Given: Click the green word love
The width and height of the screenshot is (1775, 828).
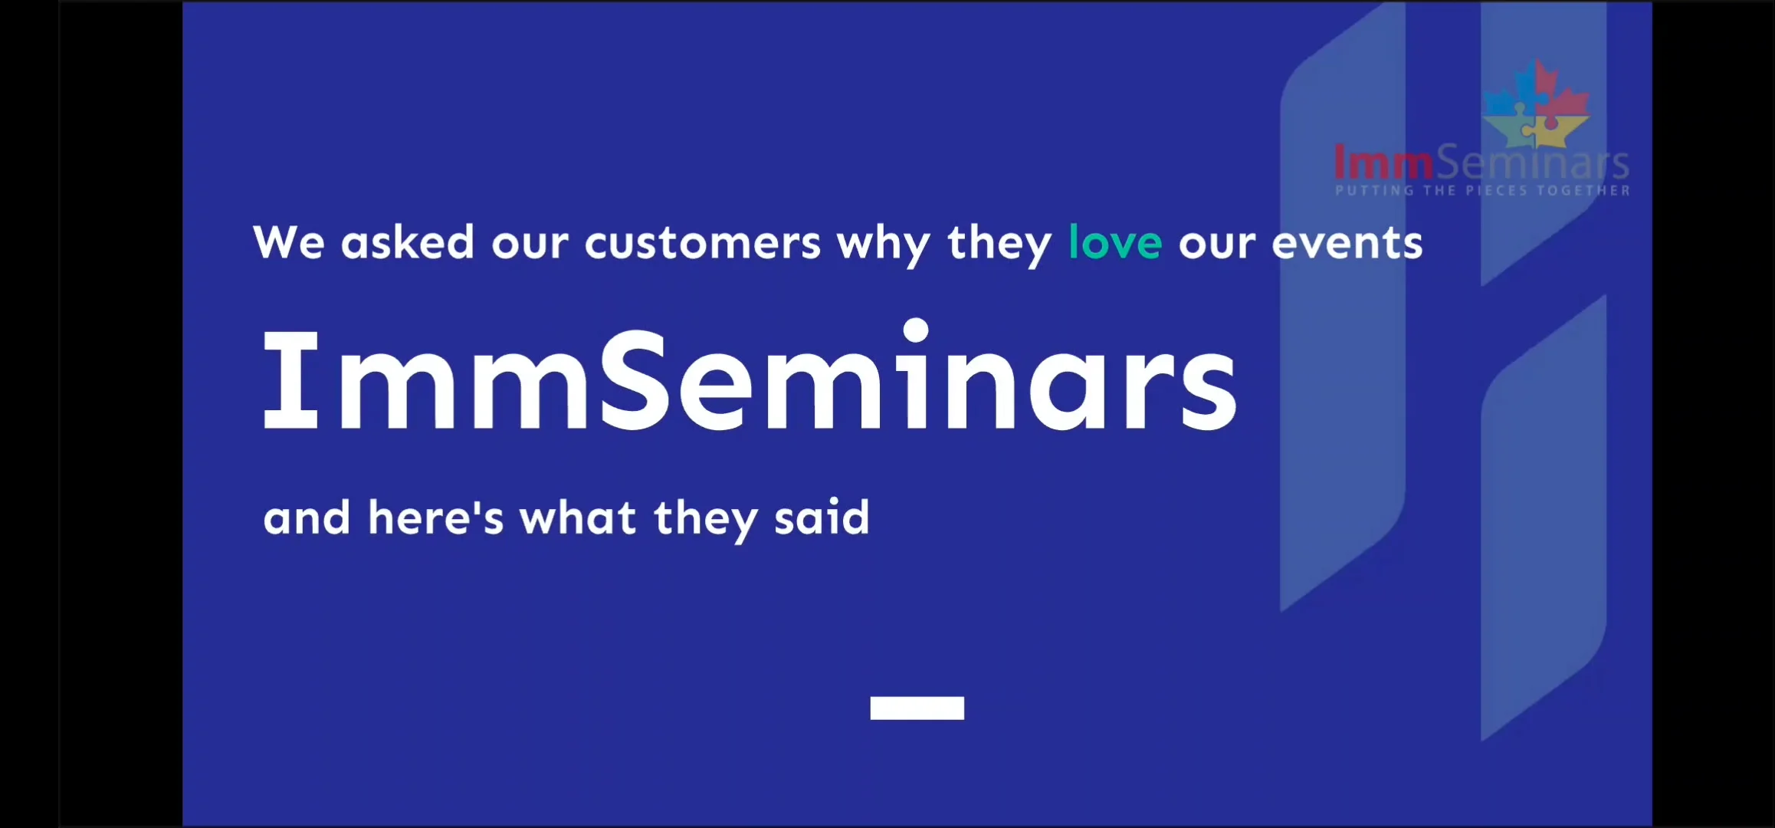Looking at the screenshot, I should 1114,243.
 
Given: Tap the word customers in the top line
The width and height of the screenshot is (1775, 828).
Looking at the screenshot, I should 702,243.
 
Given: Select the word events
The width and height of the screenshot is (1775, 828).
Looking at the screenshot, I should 1347,243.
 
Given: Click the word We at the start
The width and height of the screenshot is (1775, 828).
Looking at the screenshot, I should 289,242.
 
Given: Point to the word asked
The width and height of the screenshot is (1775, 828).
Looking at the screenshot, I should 407,242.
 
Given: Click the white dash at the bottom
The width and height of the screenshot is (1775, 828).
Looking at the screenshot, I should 917,708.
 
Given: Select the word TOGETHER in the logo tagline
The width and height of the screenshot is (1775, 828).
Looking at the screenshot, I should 1583,190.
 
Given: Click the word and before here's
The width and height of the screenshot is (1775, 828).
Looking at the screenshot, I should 307,518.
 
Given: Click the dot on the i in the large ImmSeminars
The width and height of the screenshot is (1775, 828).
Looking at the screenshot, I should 916,330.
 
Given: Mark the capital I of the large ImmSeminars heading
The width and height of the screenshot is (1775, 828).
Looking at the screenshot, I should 290,380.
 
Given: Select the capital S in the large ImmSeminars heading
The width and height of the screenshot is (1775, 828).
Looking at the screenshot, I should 635,380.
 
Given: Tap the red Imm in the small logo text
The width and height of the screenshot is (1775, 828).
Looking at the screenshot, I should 1383,163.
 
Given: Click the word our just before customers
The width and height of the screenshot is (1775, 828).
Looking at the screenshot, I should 529,244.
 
